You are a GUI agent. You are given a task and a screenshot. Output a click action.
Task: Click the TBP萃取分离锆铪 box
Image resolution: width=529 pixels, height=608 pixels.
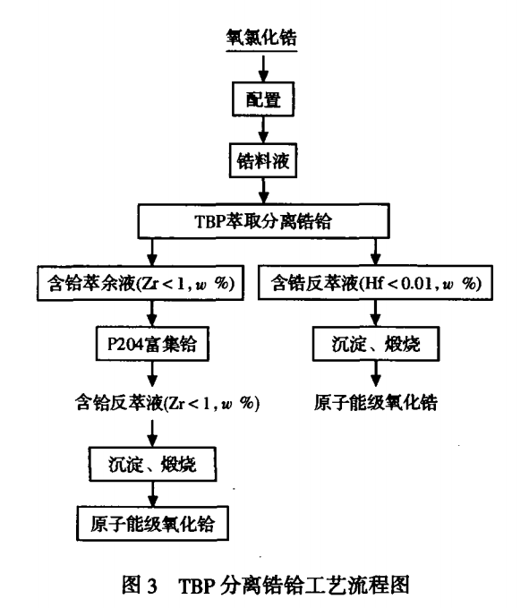click(261, 220)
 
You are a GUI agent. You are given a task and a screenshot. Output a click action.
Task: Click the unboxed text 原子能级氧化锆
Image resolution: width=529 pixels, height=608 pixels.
click(376, 402)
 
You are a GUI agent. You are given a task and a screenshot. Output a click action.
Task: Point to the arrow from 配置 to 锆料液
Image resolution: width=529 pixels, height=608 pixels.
click(261, 129)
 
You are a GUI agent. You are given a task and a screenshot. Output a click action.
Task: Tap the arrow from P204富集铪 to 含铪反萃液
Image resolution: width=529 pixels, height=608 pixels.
click(153, 372)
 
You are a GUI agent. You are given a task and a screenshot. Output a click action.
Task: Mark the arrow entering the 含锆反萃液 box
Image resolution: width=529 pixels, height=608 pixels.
click(376, 252)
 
